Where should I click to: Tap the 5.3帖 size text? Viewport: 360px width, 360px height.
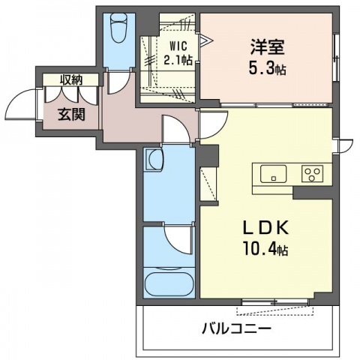pos(268,69)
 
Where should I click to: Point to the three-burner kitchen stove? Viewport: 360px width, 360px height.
pos(312,174)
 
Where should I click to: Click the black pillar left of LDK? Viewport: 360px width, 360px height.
pos(206,158)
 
